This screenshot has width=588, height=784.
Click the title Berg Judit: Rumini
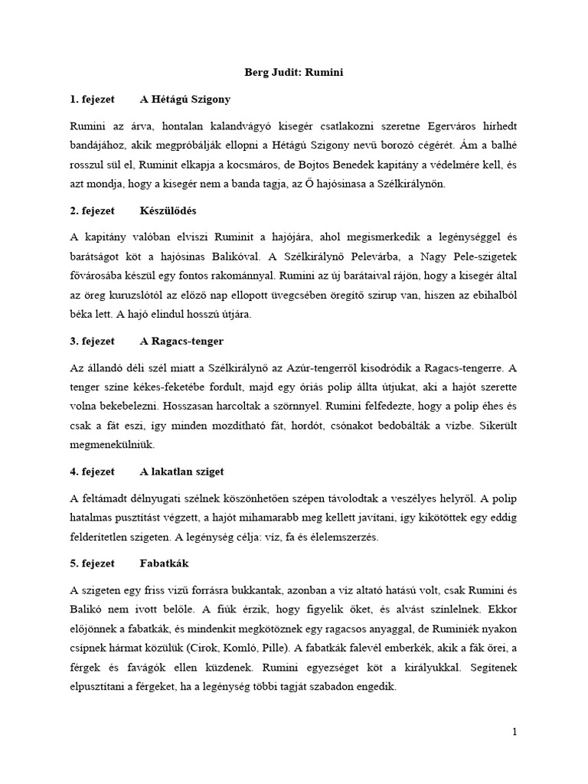click(295, 72)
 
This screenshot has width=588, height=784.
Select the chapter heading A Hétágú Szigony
click(185, 100)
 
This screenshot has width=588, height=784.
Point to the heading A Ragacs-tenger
click(181, 341)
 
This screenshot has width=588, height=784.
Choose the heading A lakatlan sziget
click(182, 471)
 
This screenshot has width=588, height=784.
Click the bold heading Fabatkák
click(164, 563)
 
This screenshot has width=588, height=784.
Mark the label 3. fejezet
click(93, 341)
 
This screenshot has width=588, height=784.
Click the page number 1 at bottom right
click(515, 732)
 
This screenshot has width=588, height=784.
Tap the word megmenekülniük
click(113, 443)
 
